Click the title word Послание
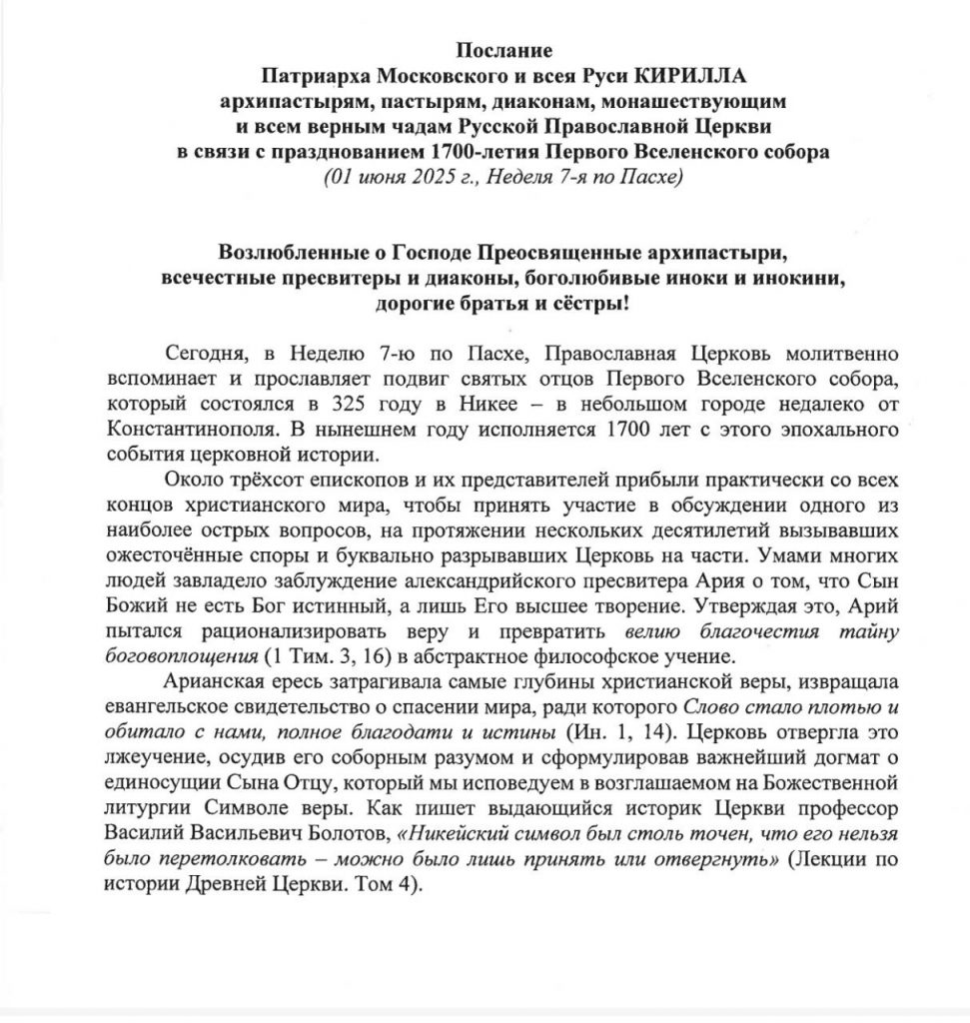click(x=504, y=51)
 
